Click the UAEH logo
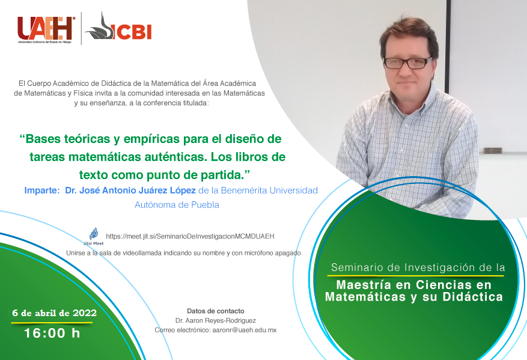46,30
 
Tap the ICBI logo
118,28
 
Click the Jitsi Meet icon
94,237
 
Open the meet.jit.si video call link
190,236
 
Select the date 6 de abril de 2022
55,313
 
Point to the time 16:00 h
52,333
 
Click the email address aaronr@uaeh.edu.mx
245,330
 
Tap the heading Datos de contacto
216,311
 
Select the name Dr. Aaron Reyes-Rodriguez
216,321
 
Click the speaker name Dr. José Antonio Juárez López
130,191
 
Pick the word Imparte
42,191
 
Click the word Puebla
205,205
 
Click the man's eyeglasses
407,63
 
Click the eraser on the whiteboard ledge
492,151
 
